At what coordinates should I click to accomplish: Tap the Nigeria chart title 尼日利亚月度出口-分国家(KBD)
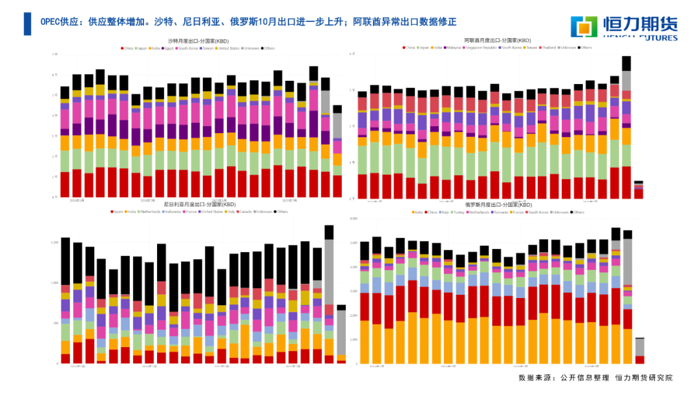coord(200,205)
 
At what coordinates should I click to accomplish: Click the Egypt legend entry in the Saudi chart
coord(169,48)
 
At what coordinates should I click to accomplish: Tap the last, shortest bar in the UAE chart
coord(639,190)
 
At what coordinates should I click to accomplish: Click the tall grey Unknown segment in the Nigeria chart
coord(329,271)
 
